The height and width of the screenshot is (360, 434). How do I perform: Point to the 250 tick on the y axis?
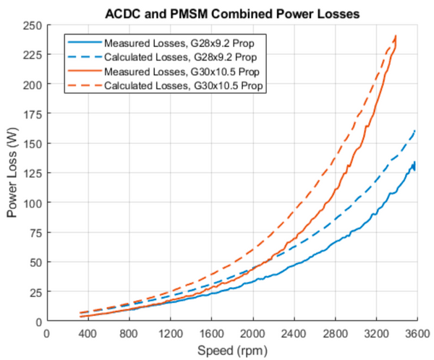(32, 25)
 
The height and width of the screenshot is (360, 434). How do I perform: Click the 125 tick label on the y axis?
(32, 173)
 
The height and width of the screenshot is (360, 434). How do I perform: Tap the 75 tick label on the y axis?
(34, 232)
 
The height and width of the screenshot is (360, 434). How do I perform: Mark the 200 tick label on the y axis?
(32, 85)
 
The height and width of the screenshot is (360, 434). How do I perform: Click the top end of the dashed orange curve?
(396, 35)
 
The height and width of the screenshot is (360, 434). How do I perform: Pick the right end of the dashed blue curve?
(415, 130)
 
